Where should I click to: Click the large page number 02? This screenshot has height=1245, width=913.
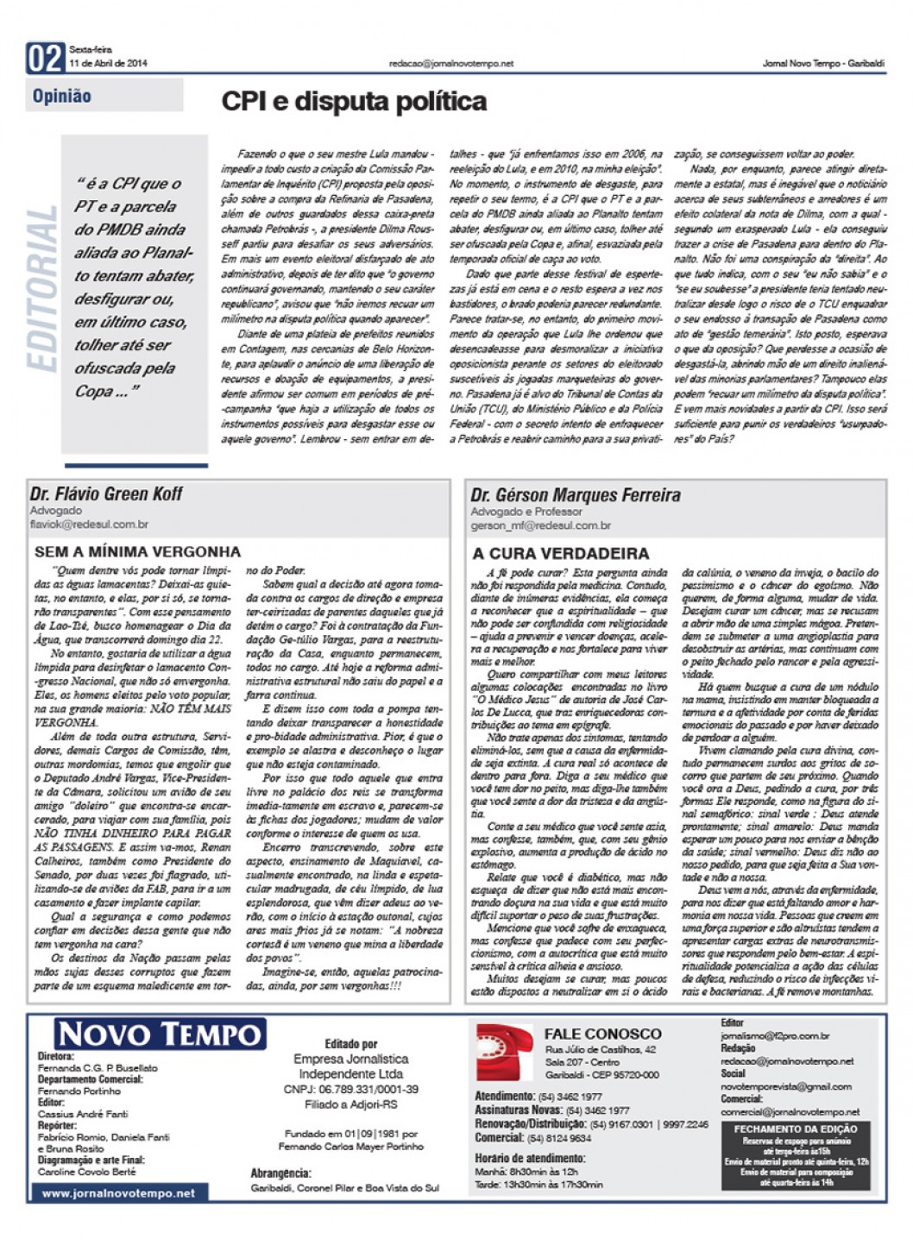coord(46,58)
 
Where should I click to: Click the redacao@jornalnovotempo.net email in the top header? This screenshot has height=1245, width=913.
coord(450,63)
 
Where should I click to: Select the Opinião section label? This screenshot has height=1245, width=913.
coord(62,96)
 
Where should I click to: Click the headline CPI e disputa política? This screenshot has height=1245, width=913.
coord(354,102)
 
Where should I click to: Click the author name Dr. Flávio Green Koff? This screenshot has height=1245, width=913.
coord(106,494)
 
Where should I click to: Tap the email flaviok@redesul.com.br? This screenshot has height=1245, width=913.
coord(89,524)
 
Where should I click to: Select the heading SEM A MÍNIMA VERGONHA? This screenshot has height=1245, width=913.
coord(137,551)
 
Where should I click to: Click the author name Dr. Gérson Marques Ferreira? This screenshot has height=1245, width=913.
coord(575,495)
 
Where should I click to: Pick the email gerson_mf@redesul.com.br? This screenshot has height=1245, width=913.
coord(540,525)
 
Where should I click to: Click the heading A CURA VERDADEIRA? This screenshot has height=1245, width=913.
coord(560,553)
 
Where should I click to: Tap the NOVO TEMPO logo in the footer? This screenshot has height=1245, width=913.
coord(160,1034)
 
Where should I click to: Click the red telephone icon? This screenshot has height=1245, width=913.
coord(505,1052)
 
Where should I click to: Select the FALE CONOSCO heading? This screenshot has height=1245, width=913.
coord(602,1034)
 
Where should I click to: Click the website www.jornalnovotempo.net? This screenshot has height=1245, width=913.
coord(118,1193)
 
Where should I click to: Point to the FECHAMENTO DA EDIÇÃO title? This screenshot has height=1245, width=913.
coord(795,1129)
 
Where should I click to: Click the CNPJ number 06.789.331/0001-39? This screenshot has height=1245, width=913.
coord(350,1090)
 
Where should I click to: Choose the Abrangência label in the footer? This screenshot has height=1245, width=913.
coord(280,1173)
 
